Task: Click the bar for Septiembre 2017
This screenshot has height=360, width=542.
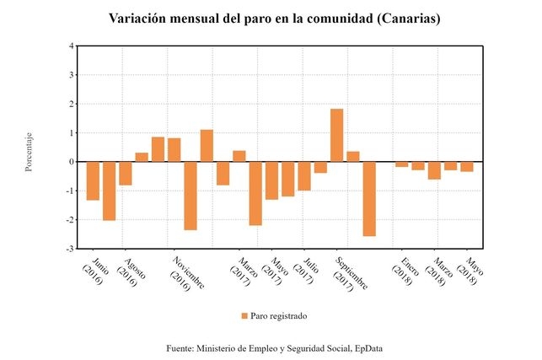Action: [336, 135]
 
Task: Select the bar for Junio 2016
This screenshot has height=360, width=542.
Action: [93, 180]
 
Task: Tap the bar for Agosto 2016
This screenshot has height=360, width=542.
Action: [126, 173]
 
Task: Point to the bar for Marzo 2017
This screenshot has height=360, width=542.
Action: [239, 156]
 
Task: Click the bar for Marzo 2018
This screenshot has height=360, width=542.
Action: [434, 170]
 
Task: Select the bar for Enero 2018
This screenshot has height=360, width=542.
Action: [401, 164]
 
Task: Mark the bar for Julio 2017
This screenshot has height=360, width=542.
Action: [304, 175]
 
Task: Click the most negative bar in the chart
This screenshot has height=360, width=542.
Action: [369, 198]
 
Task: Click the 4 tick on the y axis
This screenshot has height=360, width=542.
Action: [70, 46]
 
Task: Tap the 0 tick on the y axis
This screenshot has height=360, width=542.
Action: [70, 162]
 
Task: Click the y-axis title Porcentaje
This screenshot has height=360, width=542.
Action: [29, 153]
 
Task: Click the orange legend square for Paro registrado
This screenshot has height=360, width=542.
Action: [244, 316]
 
